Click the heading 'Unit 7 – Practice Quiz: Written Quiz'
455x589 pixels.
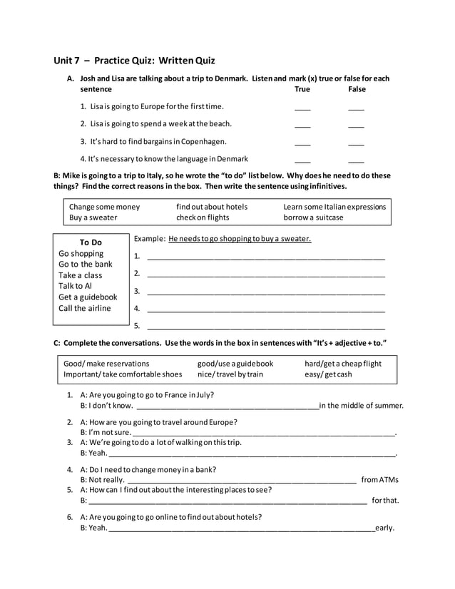pyautogui.click(x=135, y=61)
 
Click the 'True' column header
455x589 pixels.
pyautogui.click(x=302, y=89)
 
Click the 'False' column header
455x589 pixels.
pyautogui.click(x=357, y=89)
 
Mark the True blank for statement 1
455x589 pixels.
pyautogui.click(x=302, y=108)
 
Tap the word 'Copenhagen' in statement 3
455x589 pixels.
pyautogui.click(x=202, y=140)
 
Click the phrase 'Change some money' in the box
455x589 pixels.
pyautogui.click(x=104, y=207)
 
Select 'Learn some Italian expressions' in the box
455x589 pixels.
pyautogui.click(x=334, y=207)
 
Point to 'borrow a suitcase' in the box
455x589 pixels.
pyautogui.click(x=313, y=217)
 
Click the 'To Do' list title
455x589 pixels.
pyautogui.click(x=91, y=242)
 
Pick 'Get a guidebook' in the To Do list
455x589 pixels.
pyautogui.click(x=88, y=297)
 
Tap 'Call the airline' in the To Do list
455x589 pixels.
pyautogui.click(x=85, y=308)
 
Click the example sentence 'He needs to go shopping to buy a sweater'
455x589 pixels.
pyautogui.click(x=240, y=238)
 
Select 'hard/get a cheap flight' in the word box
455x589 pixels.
pyautogui.click(x=343, y=364)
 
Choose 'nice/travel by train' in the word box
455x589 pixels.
pyautogui.click(x=230, y=374)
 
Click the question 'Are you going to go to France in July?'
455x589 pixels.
pyautogui.click(x=147, y=394)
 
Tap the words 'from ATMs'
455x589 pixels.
pyautogui.click(x=380, y=480)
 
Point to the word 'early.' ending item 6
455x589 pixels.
pyautogui.click(x=385, y=528)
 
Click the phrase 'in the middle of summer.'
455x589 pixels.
pyautogui.click(x=361, y=406)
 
